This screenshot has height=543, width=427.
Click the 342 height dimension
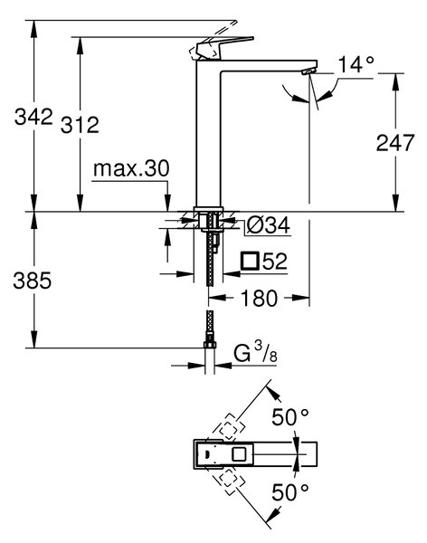(x=33, y=117)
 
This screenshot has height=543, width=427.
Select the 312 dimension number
(x=80, y=125)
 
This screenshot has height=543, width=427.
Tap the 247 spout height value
(x=395, y=142)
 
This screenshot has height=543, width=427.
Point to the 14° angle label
(x=356, y=64)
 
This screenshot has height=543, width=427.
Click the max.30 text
(x=131, y=168)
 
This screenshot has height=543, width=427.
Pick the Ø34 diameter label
(x=268, y=226)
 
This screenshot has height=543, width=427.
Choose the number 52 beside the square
(x=275, y=262)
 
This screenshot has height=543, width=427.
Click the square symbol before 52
(x=250, y=261)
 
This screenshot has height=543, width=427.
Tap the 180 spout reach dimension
(x=259, y=298)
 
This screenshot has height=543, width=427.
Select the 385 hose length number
(x=33, y=281)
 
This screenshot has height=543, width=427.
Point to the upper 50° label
(x=289, y=417)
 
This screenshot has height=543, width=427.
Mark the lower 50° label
(x=289, y=492)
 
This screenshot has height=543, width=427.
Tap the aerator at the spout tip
(x=308, y=71)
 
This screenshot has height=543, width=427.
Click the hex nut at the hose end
(x=210, y=345)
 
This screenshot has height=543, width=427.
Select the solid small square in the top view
(x=240, y=454)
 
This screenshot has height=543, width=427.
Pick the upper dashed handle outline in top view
(x=227, y=427)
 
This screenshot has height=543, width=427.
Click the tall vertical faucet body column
(x=208, y=135)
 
